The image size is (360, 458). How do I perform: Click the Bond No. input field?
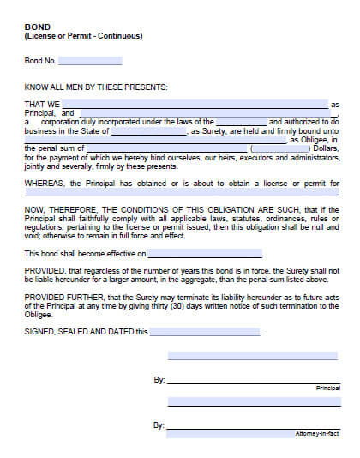(90, 61)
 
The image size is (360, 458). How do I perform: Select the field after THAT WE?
(195, 104)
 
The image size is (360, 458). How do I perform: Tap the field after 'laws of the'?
(241, 122)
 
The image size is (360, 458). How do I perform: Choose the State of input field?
(148, 131)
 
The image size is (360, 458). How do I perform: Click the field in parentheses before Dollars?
(282, 149)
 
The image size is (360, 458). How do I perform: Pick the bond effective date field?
(206, 254)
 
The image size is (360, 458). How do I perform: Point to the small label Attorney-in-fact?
(317, 434)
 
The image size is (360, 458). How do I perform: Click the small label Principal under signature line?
(327, 389)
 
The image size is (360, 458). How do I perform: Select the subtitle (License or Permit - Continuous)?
(83, 36)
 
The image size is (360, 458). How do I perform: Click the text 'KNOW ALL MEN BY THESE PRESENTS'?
(96, 87)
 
